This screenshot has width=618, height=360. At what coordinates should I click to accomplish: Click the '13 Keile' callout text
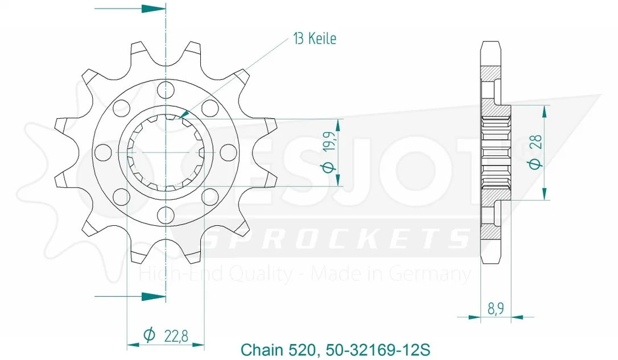click(x=315, y=39)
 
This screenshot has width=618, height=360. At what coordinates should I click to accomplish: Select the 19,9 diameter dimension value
click(x=330, y=141)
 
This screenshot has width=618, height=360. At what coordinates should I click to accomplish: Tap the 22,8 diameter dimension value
click(x=176, y=336)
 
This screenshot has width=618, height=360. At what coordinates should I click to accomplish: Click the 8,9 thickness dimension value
click(x=496, y=308)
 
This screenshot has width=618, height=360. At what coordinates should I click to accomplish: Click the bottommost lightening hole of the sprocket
click(x=166, y=215)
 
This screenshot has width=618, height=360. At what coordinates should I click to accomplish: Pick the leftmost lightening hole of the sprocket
click(x=103, y=152)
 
